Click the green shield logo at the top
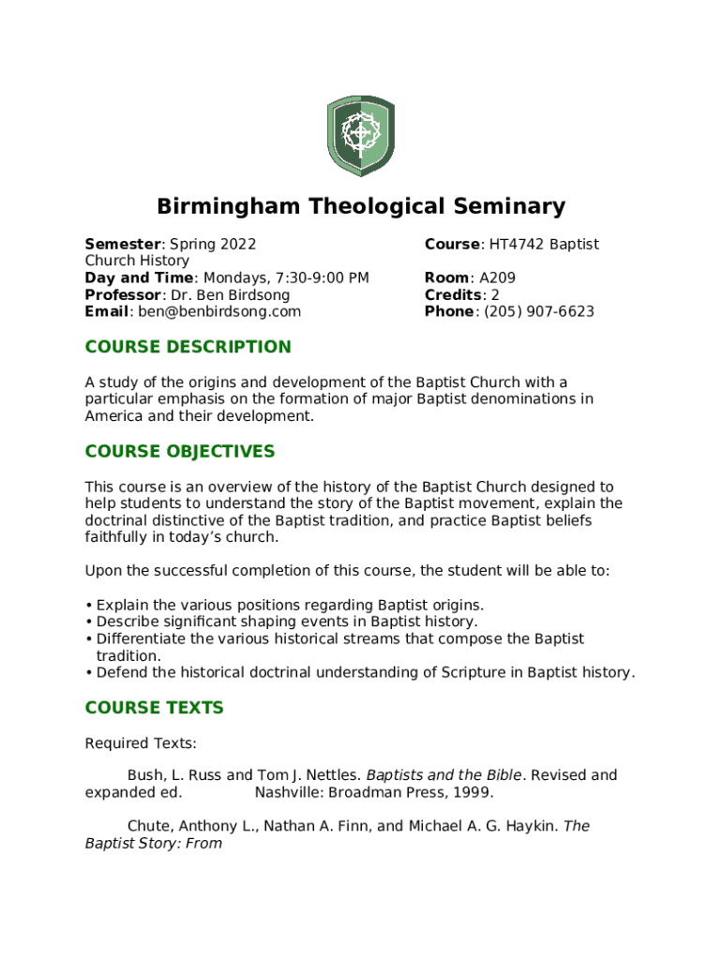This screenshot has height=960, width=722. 360,135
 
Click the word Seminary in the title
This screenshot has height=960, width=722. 504,206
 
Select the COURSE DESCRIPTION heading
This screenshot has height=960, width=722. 188,347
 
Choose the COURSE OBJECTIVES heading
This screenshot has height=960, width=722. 180,452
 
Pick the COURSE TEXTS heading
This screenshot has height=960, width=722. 154,708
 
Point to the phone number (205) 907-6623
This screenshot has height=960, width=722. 538,312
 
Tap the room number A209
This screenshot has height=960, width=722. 497,278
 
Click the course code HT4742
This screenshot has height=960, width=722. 517,245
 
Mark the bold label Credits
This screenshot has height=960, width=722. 452,295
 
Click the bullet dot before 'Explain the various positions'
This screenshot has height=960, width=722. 88,606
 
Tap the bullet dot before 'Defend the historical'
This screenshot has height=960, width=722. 88,673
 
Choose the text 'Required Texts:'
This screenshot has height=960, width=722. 141,743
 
